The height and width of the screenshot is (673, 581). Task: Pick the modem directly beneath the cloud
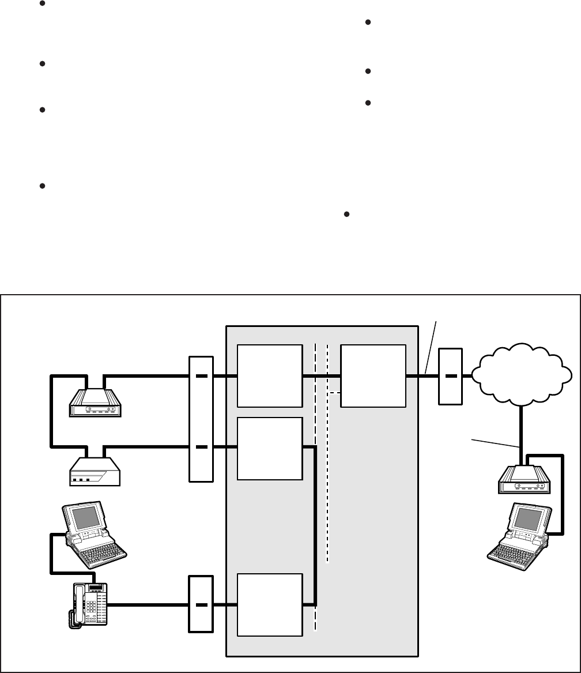[521, 480]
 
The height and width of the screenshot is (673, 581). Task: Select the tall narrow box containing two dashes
[201, 419]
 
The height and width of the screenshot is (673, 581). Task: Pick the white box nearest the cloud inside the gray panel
[373, 376]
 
